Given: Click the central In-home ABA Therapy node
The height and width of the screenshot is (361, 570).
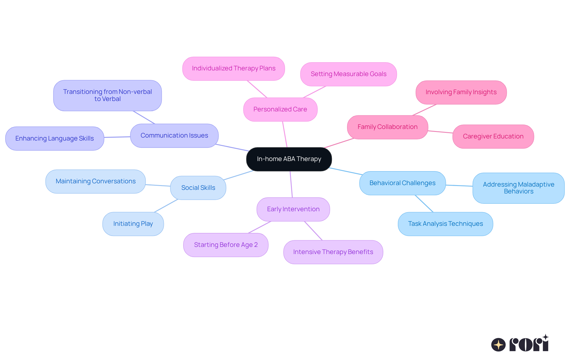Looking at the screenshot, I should [x=289, y=159].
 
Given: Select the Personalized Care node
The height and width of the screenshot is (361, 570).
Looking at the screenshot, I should [x=280, y=109].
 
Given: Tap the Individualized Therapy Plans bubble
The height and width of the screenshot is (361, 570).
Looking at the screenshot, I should [x=234, y=68].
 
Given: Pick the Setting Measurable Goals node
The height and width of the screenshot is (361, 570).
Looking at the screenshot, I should [x=349, y=74].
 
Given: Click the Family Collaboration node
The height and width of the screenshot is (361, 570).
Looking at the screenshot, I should [x=387, y=127].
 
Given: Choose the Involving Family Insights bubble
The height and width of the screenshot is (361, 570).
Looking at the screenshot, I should [x=461, y=92].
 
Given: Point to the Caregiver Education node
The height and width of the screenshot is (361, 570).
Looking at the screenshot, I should [x=493, y=136].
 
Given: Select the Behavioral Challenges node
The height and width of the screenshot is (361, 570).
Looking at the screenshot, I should [x=402, y=183].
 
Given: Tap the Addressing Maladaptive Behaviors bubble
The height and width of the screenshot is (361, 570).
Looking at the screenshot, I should [x=518, y=188].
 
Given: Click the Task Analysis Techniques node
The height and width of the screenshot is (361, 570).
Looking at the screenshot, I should [x=445, y=224].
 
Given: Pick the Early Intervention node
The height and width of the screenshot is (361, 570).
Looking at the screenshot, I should [x=293, y=209].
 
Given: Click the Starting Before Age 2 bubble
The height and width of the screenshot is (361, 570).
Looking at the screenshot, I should [x=226, y=245].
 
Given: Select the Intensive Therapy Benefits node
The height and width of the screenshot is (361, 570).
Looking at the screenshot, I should [x=333, y=252].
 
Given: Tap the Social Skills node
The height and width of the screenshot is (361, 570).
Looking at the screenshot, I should [x=198, y=188].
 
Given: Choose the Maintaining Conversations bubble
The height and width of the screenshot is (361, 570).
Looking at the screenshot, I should [x=96, y=181].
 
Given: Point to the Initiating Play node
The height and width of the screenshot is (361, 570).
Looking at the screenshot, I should [x=133, y=224].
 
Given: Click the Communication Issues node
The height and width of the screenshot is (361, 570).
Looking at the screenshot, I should [x=174, y=135].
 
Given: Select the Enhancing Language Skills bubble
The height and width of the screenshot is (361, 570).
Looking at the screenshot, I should [x=55, y=138].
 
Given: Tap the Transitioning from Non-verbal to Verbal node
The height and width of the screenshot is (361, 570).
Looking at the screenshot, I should [x=107, y=95].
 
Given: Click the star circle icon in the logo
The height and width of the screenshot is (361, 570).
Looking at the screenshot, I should [x=498, y=345].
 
